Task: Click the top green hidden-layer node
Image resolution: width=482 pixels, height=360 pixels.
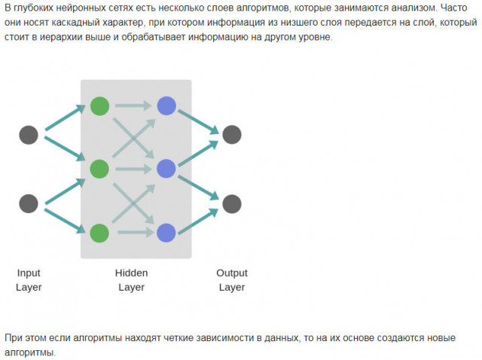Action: tap(99, 105)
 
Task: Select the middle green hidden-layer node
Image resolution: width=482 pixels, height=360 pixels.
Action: tap(99, 169)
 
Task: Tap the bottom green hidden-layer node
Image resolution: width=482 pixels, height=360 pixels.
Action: tap(99, 233)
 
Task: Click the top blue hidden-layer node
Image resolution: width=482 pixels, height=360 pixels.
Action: tap(166, 105)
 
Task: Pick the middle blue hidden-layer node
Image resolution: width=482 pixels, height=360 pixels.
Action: tap(166, 169)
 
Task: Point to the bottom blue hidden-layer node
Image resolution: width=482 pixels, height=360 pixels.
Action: tap(166, 233)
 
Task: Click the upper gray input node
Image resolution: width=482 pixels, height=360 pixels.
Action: tap(29, 135)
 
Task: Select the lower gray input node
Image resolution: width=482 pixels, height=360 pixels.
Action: tap(29, 203)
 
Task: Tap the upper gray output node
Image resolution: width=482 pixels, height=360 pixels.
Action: tap(232, 135)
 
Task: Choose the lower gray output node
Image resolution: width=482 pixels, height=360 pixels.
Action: tap(232, 203)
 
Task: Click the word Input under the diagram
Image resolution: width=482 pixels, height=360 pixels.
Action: tap(29, 273)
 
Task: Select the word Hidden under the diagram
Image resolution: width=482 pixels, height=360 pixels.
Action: tap(131, 273)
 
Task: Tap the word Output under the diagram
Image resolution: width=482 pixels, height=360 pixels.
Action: tap(232, 273)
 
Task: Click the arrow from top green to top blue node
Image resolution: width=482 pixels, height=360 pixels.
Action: tap(133, 106)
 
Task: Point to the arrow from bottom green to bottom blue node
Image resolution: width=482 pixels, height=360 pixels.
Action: tap(133, 233)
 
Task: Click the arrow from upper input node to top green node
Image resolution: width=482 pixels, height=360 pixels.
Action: tap(64, 121)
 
